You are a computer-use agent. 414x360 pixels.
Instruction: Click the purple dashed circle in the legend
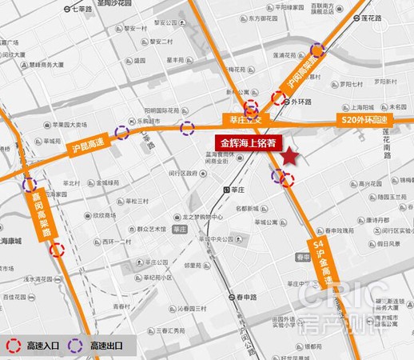[77, 346]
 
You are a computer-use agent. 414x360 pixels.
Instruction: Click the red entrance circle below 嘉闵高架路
[57, 250]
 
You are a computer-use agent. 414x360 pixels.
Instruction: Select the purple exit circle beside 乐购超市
[122, 133]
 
